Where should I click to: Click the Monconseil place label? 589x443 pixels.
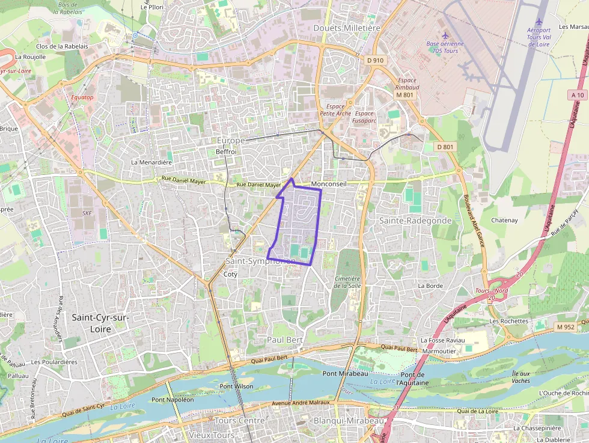pos(329,184)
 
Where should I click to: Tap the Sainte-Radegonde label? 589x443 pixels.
pos(415,221)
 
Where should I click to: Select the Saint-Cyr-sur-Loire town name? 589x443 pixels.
pos(100,323)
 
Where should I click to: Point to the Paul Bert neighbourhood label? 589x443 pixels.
pos(284,340)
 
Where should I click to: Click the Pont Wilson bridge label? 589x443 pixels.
pos(237,386)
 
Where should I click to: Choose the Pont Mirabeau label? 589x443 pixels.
pos(345,373)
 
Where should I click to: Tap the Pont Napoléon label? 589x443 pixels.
pos(173,399)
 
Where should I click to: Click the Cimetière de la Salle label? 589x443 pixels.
pos(346,283)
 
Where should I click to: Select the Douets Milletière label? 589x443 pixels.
pos(347,28)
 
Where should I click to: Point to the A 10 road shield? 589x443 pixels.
pos(578,95)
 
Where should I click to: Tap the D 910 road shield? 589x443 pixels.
pos(375,60)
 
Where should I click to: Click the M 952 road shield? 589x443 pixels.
pos(566,327)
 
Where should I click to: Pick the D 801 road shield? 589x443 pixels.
pos(445,147)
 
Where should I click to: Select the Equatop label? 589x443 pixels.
pos(82,97)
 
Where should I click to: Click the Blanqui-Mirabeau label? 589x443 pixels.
pos(349,421)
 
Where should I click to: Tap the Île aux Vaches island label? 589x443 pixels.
pos(520,377)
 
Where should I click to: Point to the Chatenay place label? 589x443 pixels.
pos(504,221)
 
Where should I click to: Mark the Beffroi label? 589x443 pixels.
pos(226,152)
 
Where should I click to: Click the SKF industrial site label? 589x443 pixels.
pos(87,213)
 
